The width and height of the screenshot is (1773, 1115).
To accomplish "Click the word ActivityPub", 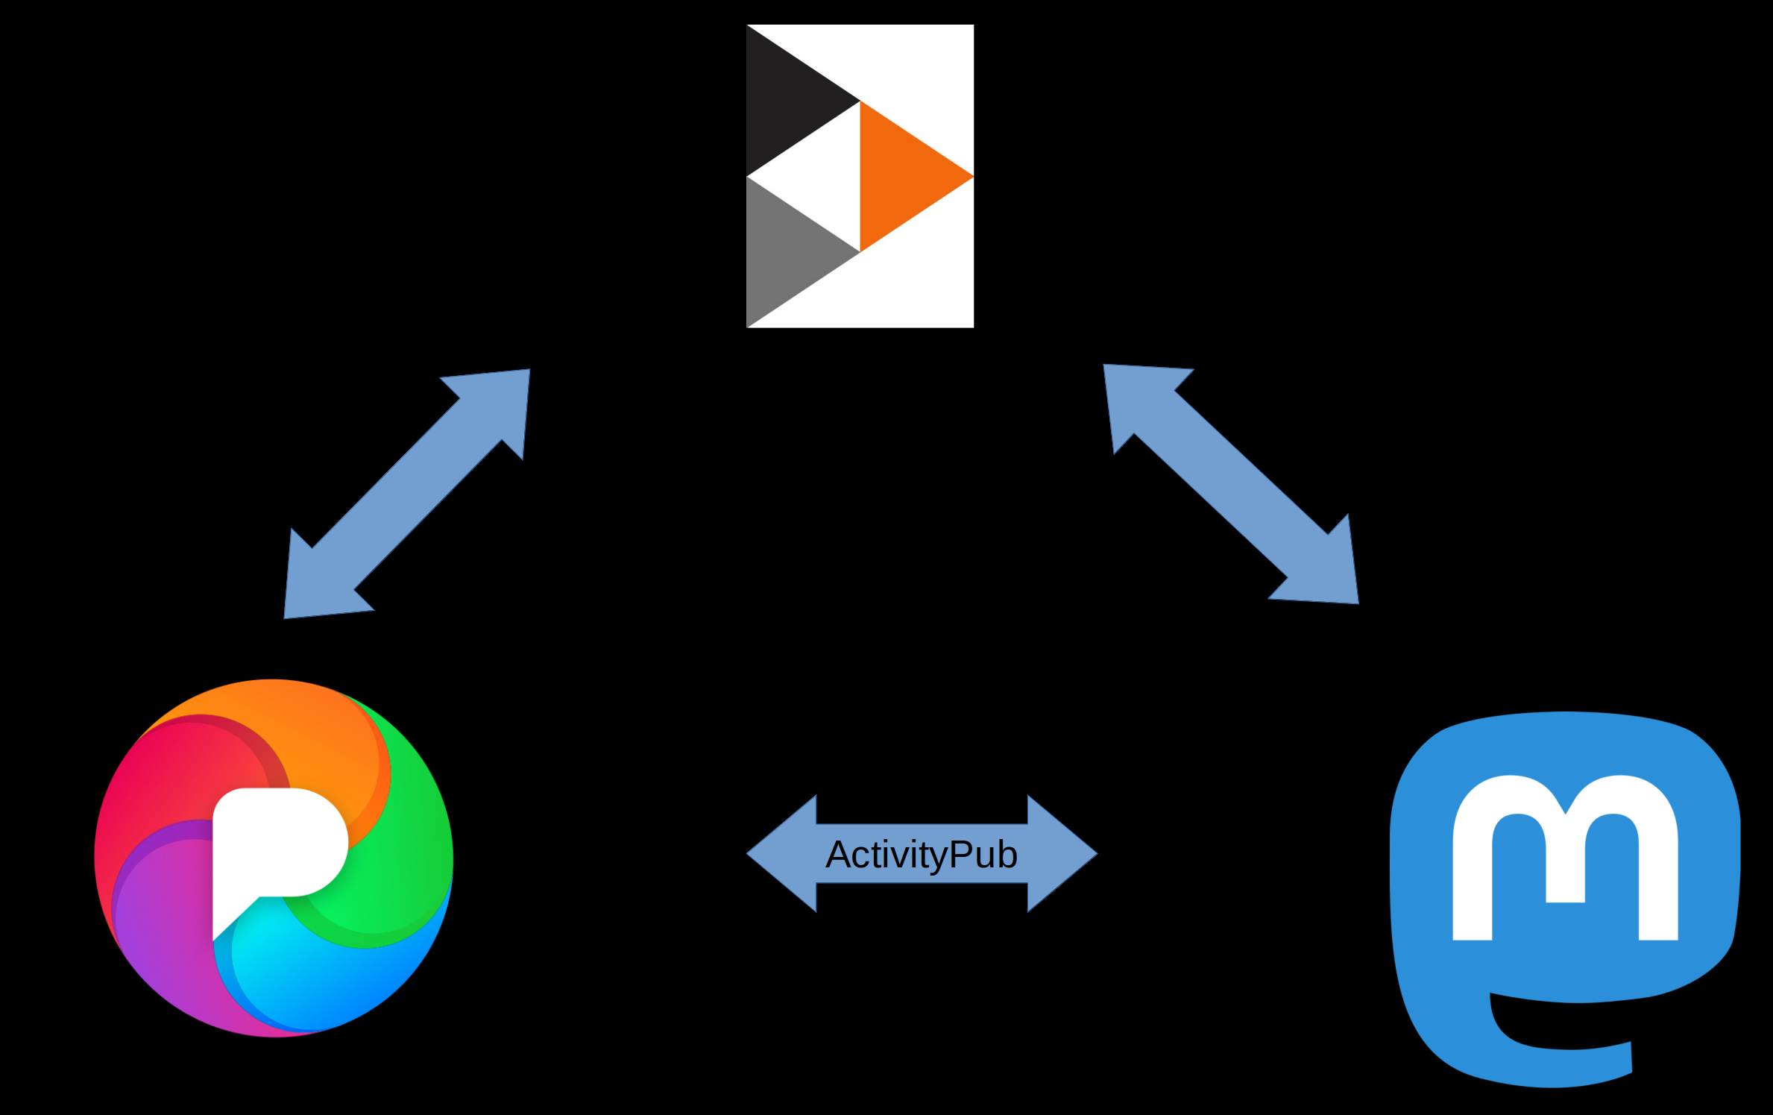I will pos(922,855).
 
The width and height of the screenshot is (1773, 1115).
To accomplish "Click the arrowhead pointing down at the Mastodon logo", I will pos(1327,574).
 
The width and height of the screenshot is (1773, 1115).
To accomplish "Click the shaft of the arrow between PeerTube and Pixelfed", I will pos(407,493).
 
